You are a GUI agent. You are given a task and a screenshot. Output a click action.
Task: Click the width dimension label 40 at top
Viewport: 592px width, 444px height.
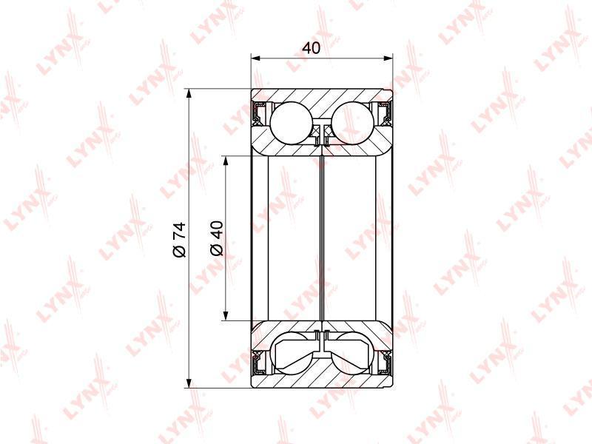point(312,48)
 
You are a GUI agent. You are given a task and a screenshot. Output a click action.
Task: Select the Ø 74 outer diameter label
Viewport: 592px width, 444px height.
point(179,239)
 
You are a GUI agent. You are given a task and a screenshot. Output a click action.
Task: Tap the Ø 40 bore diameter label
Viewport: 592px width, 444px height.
point(217,238)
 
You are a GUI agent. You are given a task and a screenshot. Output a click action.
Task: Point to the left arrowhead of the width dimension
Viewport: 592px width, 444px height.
point(256,58)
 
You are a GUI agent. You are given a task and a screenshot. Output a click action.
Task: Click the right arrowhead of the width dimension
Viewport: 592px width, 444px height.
point(388,58)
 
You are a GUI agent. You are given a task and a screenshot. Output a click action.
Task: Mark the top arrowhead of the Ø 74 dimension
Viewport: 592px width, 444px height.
point(189,94)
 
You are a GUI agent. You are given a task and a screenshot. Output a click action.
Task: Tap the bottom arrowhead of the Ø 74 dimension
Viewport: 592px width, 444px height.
point(189,383)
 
